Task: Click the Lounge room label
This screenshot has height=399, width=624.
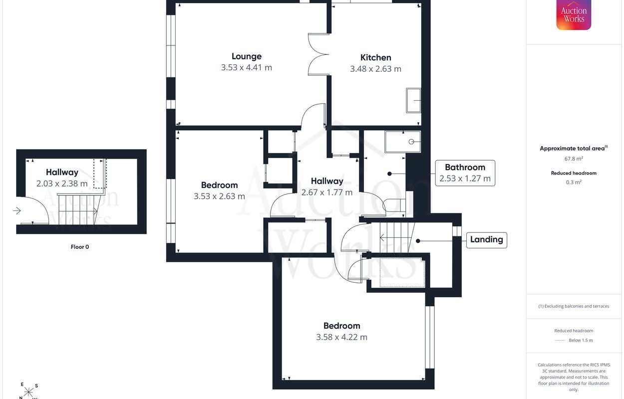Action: (247, 56)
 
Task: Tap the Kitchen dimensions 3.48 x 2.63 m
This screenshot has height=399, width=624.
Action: (375, 69)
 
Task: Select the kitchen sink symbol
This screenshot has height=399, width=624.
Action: (413, 100)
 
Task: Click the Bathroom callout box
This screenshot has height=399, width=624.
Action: (465, 173)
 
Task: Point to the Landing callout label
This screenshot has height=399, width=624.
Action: (486, 239)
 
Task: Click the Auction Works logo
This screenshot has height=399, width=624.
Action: (574, 14)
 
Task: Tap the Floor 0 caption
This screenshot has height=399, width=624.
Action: (80, 247)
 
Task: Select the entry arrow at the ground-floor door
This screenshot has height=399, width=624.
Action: (17, 210)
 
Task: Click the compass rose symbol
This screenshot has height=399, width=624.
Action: (28, 392)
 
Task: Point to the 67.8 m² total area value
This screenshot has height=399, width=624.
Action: (574, 159)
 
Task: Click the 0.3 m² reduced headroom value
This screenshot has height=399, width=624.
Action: (574, 182)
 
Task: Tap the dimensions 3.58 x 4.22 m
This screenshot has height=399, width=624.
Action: (341, 337)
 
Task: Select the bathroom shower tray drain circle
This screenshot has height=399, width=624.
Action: (411, 142)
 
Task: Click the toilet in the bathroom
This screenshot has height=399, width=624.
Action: (394, 205)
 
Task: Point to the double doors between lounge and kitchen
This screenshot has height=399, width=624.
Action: (318, 54)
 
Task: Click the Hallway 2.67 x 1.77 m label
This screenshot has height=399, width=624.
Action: (327, 187)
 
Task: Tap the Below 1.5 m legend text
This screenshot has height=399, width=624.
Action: (581, 340)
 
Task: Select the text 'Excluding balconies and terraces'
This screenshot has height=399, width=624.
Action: (577, 306)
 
